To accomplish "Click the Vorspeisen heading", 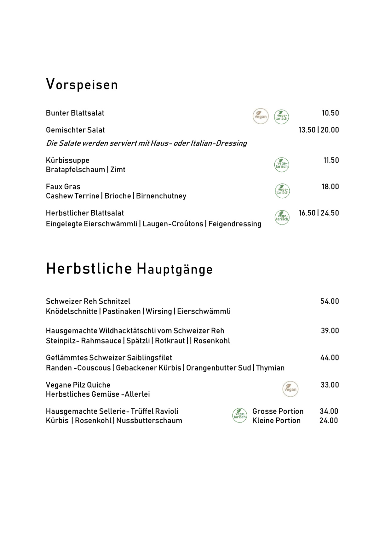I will click(82, 84).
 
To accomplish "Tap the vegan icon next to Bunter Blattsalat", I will click(261, 116).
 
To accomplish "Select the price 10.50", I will click(330, 113).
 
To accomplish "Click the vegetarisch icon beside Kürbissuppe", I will click(282, 165).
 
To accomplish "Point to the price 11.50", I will click(331, 160).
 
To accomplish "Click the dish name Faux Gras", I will click(63, 187).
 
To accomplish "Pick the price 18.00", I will click(330, 187).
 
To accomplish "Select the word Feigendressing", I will click(235, 224).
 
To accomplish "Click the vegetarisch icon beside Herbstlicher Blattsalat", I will click(282, 217).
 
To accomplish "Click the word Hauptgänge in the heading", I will click(175, 269).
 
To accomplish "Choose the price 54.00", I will click(330, 301).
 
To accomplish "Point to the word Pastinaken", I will click(122, 311).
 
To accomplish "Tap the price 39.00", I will click(330, 331).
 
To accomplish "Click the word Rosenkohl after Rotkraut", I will click(212, 341).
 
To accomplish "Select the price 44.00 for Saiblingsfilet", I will click(330, 358).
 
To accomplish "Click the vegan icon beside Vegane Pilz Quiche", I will click(290, 389).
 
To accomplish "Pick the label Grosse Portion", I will click(278, 411).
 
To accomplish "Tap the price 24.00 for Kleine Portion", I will click(329, 421).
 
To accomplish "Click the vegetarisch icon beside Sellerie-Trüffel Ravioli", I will click(239, 415).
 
